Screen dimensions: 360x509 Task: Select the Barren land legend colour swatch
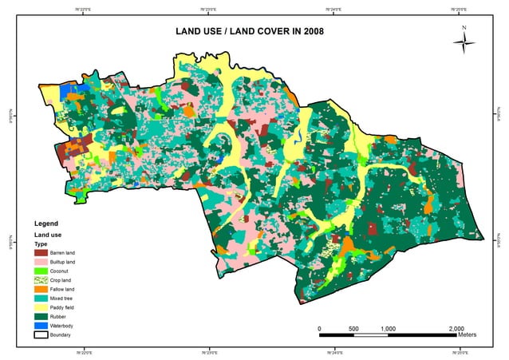(x=40, y=251)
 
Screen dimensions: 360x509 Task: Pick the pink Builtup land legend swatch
(x=40, y=262)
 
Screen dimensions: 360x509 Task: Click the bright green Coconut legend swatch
(x=40, y=272)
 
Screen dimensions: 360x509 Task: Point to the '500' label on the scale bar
(x=353, y=328)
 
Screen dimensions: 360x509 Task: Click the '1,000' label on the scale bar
(x=389, y=328)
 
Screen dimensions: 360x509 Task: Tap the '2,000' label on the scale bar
(x=456, y=328)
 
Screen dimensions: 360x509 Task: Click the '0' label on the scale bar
(x=319, y=328)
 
